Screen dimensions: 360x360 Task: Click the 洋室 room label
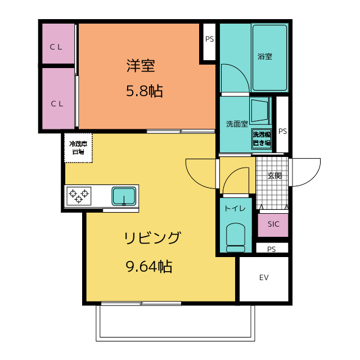141,66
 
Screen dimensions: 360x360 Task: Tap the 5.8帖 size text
144,91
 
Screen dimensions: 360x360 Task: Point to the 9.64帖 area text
148,266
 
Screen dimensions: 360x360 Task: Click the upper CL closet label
56,47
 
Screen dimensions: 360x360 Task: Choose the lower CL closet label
56,103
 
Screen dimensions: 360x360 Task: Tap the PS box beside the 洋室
209,40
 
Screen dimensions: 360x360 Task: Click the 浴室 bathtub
269,57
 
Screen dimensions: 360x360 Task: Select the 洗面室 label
237,124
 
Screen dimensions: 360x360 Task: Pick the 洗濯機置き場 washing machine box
262,138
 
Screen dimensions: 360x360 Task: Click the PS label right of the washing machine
282,131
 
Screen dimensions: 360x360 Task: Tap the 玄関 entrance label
274,175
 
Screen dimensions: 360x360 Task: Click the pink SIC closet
273,224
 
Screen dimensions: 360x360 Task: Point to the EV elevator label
264,277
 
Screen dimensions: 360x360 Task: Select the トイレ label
235,209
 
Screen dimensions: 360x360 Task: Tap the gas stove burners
78,196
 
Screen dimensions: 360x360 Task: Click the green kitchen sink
124,196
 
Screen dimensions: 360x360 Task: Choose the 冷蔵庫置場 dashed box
78,147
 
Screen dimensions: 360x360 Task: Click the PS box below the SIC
272,249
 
